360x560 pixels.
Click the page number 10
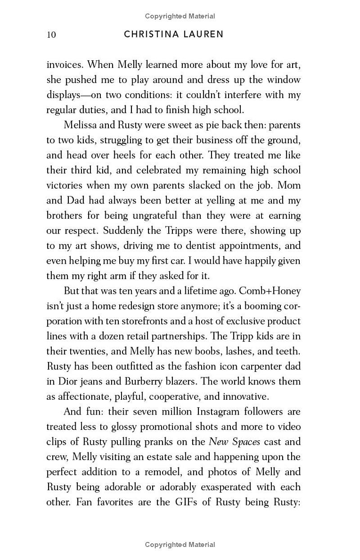coord(51,35)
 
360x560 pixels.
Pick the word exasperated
coord(221,487)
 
